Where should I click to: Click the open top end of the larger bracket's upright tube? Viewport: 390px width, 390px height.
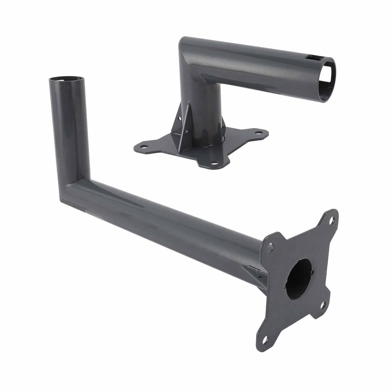[66, 79]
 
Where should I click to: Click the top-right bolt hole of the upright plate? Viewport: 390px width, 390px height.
[331, 220]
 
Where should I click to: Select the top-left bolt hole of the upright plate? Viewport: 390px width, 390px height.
[270, 248]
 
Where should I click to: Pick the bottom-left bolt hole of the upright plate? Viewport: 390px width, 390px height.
[265, 339]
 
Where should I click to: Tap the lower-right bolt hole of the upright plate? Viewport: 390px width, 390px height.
[323, 305]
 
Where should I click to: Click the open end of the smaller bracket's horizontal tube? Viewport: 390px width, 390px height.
[327, 79]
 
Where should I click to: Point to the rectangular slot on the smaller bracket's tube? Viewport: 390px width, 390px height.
[315, 58]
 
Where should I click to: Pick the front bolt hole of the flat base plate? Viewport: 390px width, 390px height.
[214, 163]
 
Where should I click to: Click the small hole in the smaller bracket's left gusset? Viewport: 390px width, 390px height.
[179, 118]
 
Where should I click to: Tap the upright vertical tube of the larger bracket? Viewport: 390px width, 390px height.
[69, 129]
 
